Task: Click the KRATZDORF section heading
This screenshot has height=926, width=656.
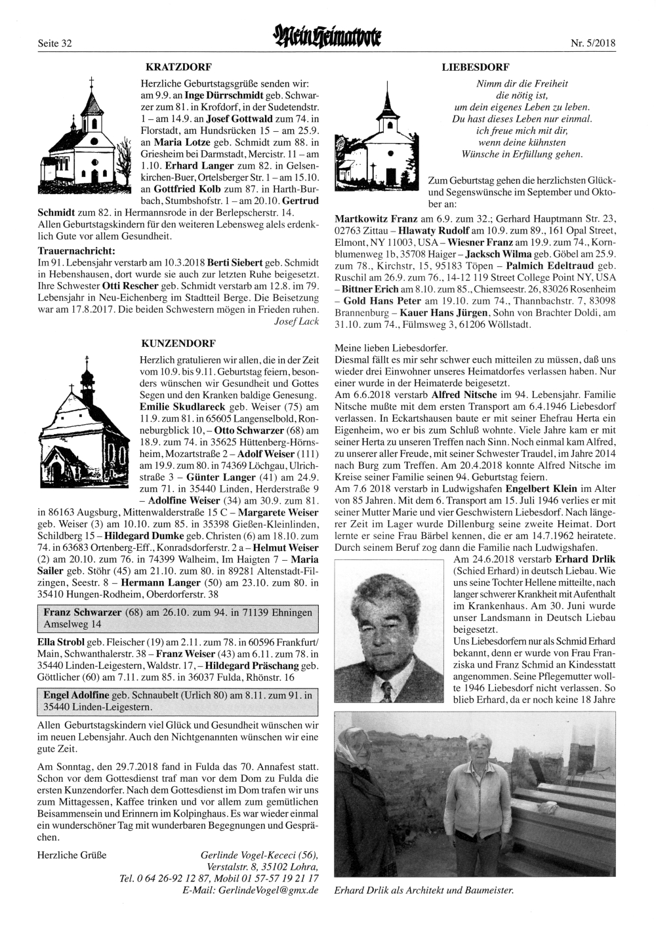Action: click(x=178, y=67)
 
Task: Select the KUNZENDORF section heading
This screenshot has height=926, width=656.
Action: click(x=179, y=342)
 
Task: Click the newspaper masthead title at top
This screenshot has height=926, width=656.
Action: click(x=330, y=40)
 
